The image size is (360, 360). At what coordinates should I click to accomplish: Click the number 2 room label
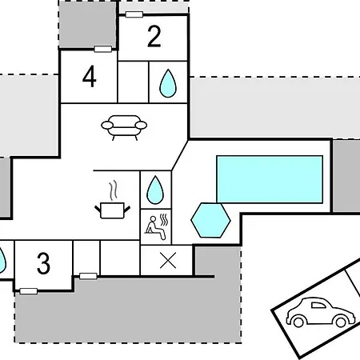154,37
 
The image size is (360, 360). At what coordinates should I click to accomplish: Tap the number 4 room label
89,77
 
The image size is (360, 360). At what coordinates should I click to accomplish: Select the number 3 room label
43,263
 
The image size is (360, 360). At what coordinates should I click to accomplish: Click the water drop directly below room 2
168,83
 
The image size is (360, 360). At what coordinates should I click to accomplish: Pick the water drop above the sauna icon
155,190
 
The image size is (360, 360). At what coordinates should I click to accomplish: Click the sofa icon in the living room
124,127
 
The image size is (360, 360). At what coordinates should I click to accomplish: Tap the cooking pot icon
112,210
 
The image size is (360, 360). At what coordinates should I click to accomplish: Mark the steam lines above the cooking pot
114,190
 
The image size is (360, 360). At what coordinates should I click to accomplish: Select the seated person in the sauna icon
154,227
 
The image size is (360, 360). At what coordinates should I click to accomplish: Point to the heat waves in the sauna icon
164,219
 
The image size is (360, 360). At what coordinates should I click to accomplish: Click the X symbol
168,260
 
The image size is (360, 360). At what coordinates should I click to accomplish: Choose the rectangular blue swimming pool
270,179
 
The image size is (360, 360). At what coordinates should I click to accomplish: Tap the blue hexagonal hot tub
210,220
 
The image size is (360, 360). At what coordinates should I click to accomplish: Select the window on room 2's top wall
134,14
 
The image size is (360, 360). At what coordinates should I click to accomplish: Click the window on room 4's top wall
103,49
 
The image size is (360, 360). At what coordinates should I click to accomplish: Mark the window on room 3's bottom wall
29,291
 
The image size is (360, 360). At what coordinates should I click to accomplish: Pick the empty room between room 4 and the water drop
133,82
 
